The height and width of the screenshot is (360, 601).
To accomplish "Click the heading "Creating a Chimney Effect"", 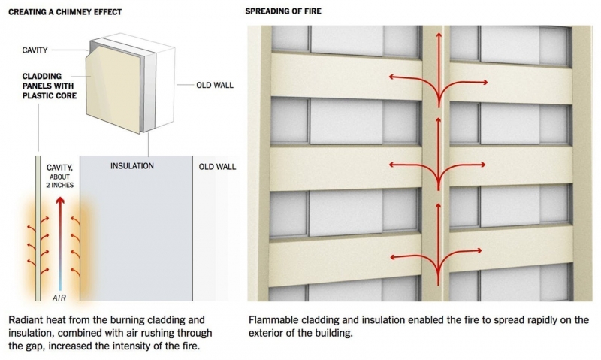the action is click(65, 12).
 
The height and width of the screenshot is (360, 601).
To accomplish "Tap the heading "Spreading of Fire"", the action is click(283, 11).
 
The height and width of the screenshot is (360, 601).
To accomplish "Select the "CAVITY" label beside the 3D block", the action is click(35, 50).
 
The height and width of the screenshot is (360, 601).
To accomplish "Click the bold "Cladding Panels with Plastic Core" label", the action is click(50, 86).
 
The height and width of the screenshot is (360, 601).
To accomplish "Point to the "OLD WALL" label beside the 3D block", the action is click(215, 85).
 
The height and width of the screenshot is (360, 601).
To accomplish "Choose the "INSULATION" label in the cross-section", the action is click(132, 166).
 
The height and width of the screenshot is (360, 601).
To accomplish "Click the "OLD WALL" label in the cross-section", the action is click(217, 167).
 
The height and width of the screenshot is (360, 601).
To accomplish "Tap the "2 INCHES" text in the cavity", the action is click(60, 185).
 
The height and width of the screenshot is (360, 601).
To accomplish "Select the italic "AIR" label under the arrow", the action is click(59, 298).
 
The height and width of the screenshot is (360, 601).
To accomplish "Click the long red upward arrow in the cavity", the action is click(60, 243).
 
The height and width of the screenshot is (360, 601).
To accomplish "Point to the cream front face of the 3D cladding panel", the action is click(114, 89).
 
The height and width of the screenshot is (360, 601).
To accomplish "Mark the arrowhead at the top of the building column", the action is click(439, 35).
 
